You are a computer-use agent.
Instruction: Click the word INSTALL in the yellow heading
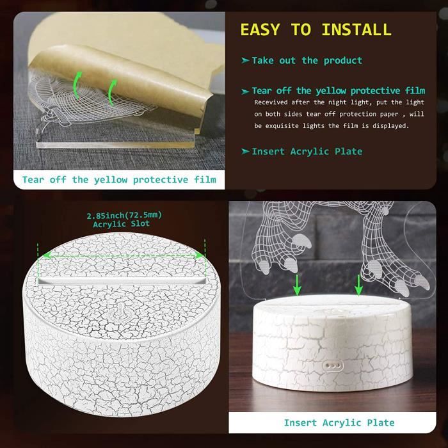click(356, 29)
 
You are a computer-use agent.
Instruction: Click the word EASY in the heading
click(260, 29)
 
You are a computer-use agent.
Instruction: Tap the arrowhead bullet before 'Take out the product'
click(245, 60)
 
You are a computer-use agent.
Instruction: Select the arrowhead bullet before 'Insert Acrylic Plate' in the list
click(245, 151)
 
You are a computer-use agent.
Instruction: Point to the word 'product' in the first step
click(343, 61)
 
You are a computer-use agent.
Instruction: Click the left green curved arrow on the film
click(77, 85)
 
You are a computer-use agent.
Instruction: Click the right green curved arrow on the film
click(113, 92)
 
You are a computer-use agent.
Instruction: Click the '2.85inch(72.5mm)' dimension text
click(124, 215)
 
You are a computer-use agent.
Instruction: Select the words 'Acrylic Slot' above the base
click(121, 224)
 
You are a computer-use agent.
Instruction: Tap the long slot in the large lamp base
click(122, 281)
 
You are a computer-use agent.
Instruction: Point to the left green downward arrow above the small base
click(298, 285)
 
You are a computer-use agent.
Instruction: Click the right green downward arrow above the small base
click(358, 285)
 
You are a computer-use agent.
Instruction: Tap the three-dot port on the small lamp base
click(333, 365)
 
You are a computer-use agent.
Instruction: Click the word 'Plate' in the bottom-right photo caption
click(381, 423)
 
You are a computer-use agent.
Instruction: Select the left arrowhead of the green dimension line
click(46, 255)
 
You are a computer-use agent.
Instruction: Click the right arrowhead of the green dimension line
click(200, 255)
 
